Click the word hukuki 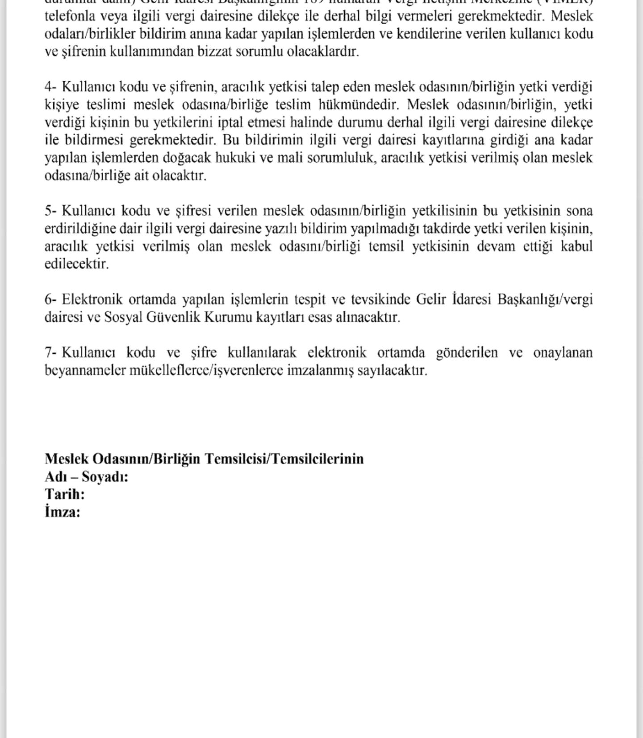click(236, 158)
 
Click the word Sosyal click(123, 317)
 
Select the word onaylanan click(563, 353)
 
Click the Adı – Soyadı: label click(86, 477)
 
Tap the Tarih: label click(65, 495)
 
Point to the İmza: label click(63, 512)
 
